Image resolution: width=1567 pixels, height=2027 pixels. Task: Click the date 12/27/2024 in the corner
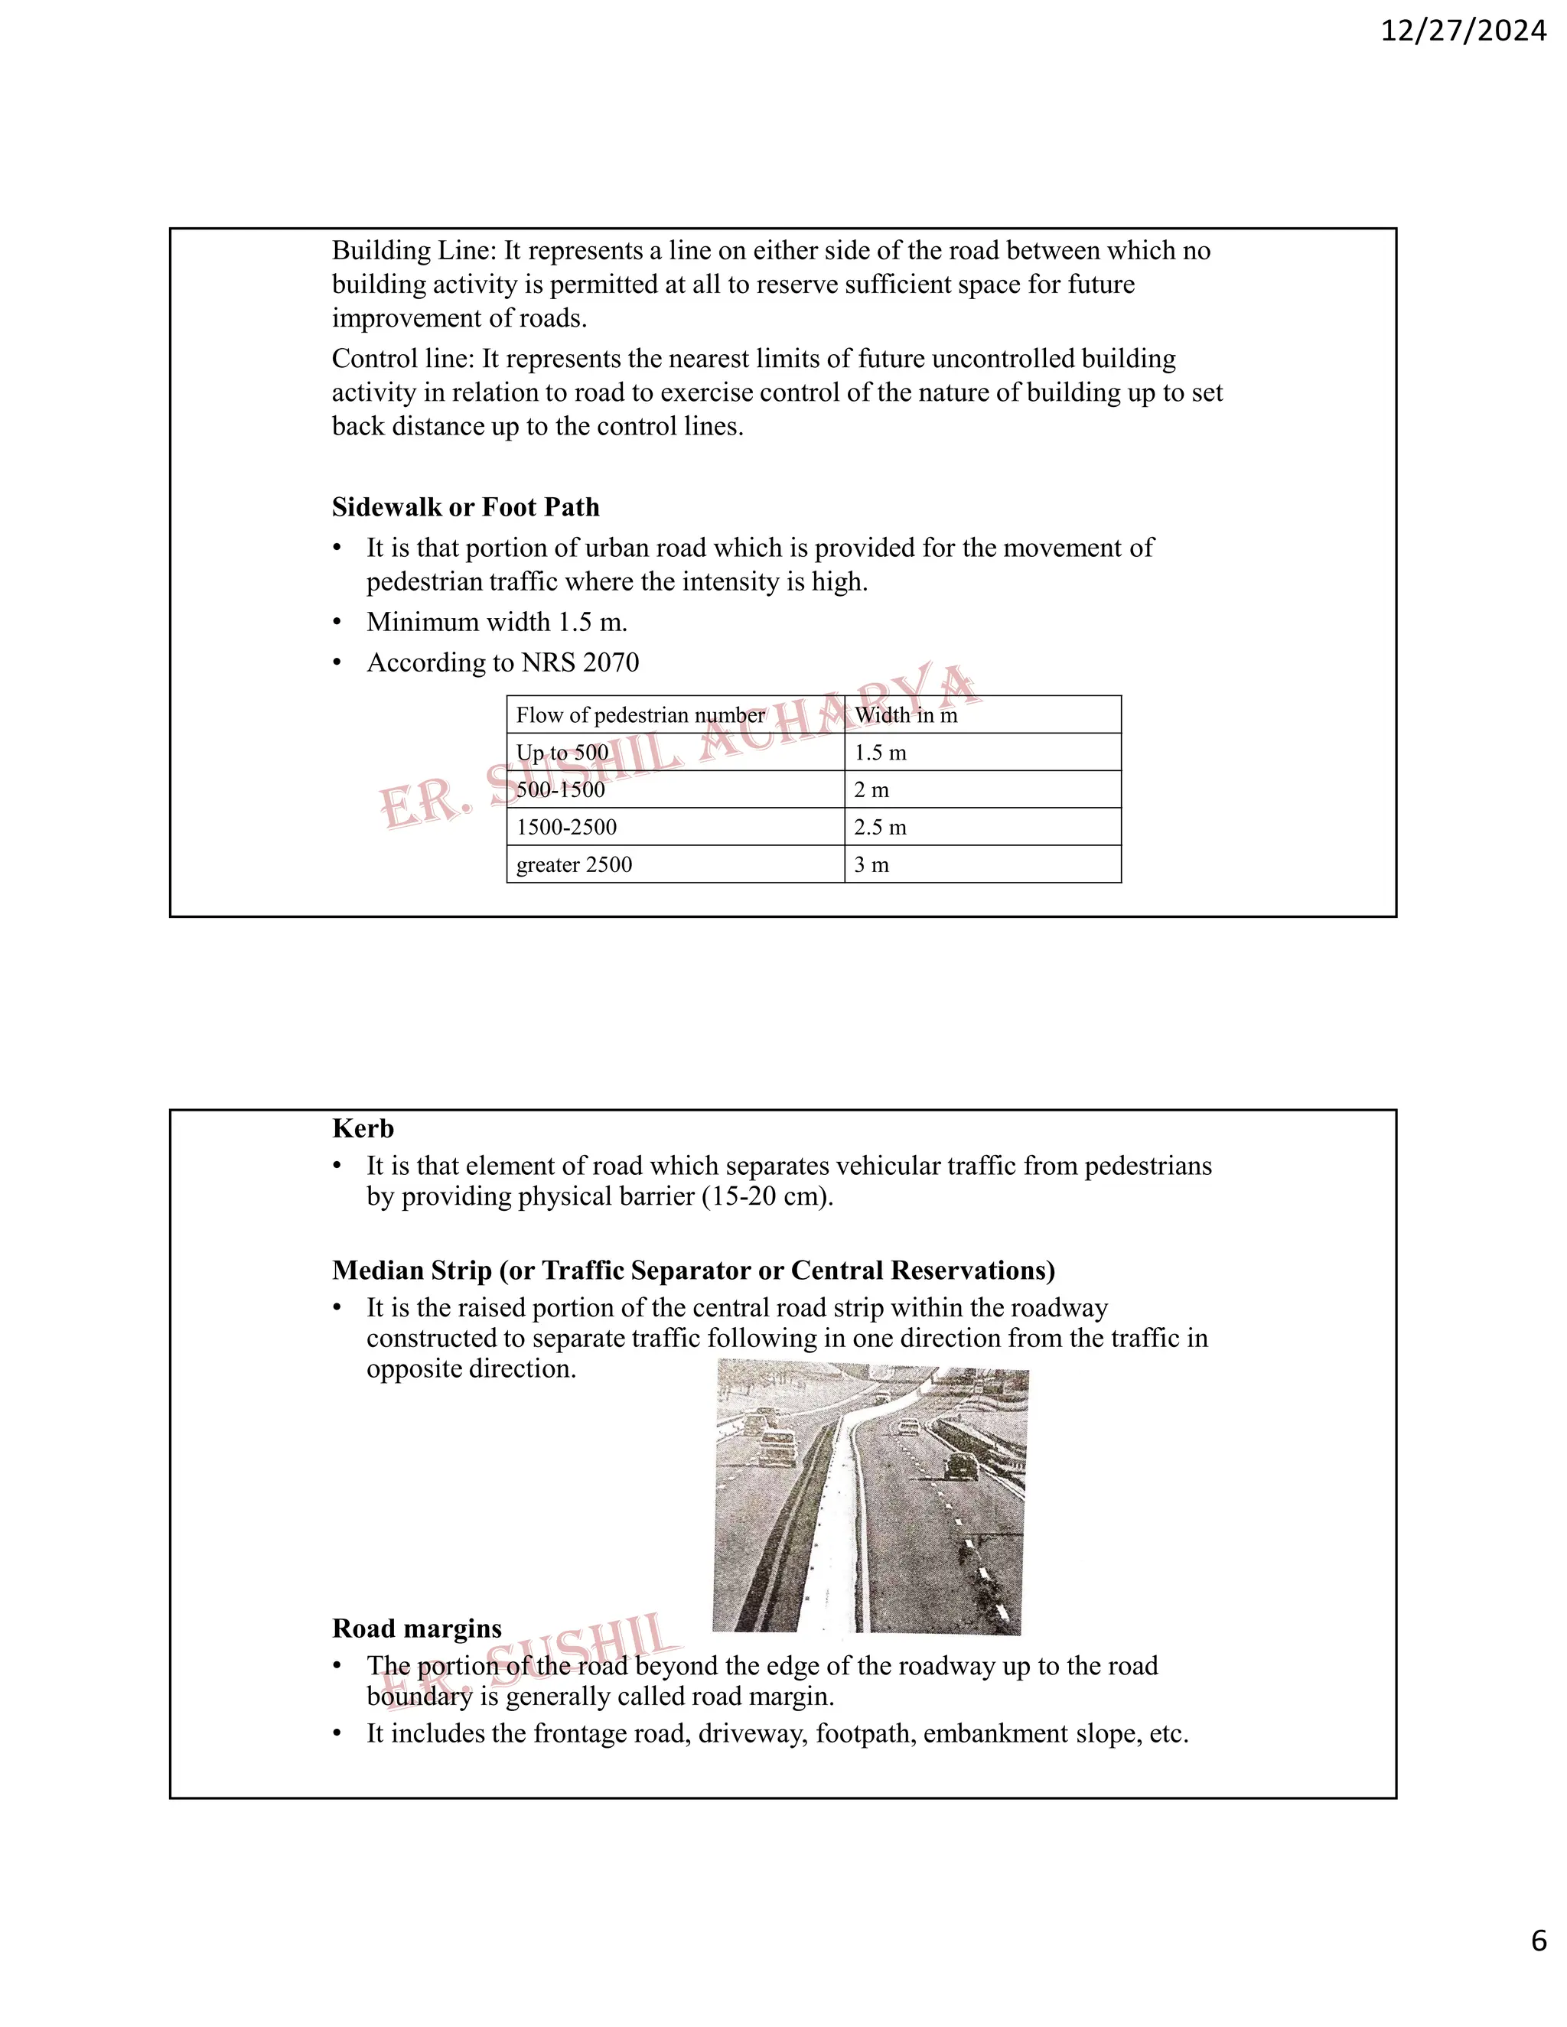point(1463,31)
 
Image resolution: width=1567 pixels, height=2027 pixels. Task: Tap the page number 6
point(1538,1966)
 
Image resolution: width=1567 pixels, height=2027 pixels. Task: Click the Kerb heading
point(363,1128)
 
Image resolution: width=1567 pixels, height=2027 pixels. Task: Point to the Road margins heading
point(417,1628)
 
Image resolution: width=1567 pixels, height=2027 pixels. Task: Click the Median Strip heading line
point(693,1270)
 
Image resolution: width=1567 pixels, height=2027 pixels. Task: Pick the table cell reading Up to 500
point(562,753)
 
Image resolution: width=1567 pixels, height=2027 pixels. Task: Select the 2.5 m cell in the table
point(879,827)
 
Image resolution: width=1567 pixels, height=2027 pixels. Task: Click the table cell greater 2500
point(574,864)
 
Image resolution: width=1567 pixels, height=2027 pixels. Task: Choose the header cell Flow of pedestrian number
point(640,714)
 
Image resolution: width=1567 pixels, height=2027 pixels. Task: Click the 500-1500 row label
point(560,790)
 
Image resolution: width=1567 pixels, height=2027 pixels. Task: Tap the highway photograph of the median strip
point(870,1496)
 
